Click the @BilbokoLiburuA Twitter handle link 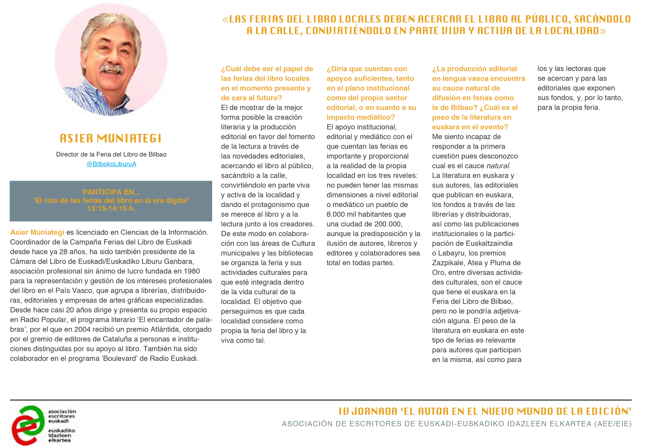tap(111, 164)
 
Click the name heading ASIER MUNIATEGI tap(111, 138)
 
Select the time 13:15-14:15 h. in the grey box tap(111, 209)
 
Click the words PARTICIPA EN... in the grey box tap(111, 192)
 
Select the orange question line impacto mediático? tap(360, 117)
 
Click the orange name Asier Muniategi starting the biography tap(37, 232)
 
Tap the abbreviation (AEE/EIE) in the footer tap(613, 424)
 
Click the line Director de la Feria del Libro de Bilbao tap(111, 154)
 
